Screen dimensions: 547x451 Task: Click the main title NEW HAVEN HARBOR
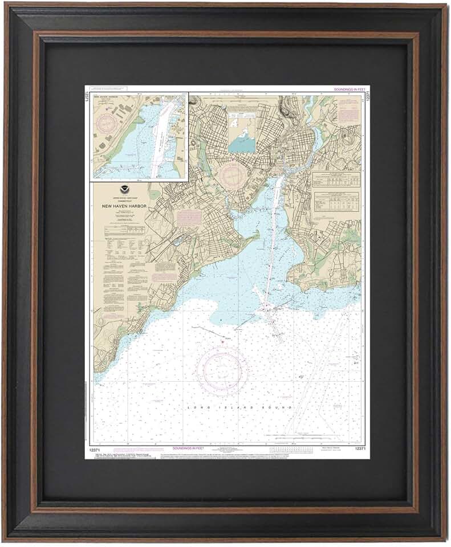[x=124, y=206]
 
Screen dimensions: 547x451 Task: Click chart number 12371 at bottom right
[x=360, y=448]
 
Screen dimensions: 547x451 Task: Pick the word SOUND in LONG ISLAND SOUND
[x=281, y=408]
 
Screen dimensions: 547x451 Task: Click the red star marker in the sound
[x=222, y=341]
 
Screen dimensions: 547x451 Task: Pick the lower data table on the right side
[x=338, y=201]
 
